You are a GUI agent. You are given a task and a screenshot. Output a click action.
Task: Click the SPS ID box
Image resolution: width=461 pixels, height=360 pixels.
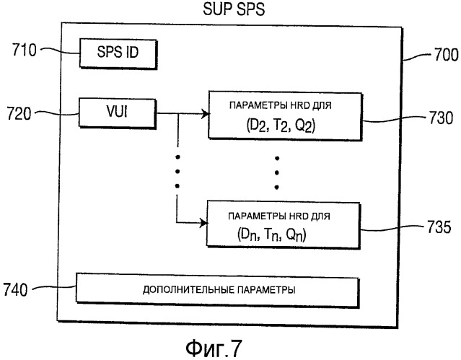pos(118,53)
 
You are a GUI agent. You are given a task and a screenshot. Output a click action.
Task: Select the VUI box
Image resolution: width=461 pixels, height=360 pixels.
pos(118,113)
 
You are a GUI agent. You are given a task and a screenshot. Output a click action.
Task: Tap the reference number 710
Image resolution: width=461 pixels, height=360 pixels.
pos(24,50)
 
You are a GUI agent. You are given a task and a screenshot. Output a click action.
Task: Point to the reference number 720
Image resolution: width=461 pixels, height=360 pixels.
pos(19,113)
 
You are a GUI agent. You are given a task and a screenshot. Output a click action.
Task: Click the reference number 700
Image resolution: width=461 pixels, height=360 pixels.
pos(447,55)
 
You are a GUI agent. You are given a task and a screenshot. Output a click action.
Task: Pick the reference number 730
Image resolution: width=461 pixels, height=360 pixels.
pos(441,118)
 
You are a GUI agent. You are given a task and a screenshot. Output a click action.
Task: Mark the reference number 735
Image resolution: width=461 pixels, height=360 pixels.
pos(439,227)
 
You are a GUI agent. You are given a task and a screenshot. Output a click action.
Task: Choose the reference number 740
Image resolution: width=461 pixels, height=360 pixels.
pos(15,289)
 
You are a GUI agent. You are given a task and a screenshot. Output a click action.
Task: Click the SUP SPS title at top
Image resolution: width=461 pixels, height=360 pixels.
pos(234,9)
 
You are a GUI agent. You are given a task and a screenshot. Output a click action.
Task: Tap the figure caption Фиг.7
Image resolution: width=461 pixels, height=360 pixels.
pos(214,348)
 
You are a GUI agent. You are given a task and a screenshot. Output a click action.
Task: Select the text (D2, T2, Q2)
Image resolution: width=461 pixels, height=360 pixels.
pos(281,126)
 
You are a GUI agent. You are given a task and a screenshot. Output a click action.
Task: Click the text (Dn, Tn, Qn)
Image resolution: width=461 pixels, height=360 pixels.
pos(271,235)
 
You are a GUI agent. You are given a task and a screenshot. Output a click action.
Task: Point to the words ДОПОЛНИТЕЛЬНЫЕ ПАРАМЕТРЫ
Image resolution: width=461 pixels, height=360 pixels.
pos(219,290)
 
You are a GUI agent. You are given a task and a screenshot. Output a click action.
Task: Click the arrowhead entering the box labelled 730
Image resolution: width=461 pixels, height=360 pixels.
pos(205,113)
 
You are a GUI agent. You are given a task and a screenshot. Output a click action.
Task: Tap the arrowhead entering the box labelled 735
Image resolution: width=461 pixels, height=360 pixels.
pos(203,223)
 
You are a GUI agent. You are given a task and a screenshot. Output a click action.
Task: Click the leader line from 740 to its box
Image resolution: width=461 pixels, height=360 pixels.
pos(54,287)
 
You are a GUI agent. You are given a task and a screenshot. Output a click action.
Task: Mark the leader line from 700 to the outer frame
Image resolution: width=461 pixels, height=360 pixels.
pos(417,56)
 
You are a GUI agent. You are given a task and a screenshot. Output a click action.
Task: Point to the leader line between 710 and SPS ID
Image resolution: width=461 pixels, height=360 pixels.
pos(60,51)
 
